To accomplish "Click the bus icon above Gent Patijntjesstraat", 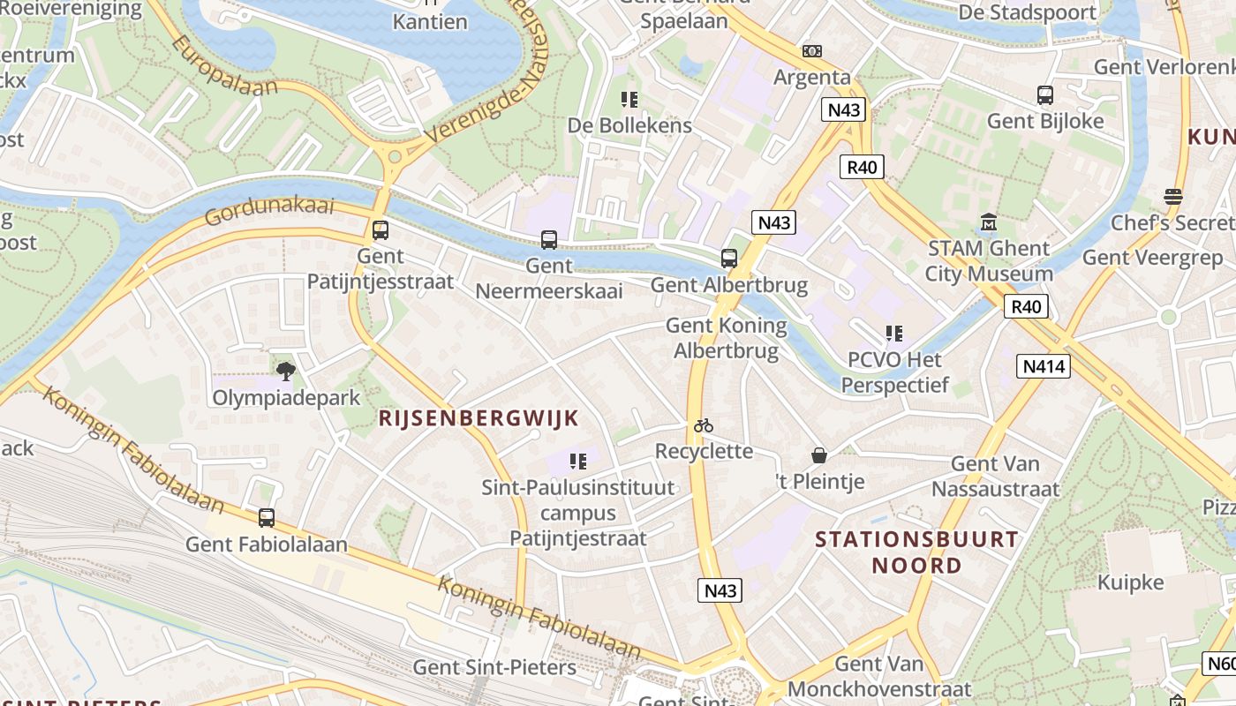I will click(x=380, y=230).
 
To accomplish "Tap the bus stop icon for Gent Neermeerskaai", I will click(x=548, y=239).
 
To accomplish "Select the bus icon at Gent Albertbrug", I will click(x=728, y=259).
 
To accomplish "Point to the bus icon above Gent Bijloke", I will click(x=1045, y=95).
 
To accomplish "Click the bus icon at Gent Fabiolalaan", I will click(x=266, y=518).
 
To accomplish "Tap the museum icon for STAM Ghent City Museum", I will click(x=988, y=222).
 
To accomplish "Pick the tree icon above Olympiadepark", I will click(x=285, y=371).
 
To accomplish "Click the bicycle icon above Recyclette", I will click(x=703, y=425).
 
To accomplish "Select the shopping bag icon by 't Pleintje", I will click(x=819, y=455).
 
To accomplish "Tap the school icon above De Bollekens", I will click(x=629, y=100).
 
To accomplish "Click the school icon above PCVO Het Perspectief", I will click(x=894, y=334).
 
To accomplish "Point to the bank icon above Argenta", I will click(x=811, y=51).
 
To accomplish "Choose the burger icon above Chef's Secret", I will click(x=1172, y=196).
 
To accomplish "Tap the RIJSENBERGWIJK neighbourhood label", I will click(x=479, y=418).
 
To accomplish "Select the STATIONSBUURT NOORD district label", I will click(x=916, y=552).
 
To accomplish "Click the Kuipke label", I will click(x=1130, y=582).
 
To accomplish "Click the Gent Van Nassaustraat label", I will click(x=995, y=476).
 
